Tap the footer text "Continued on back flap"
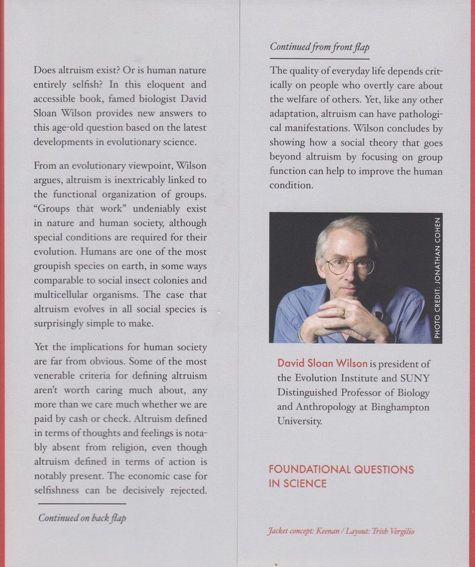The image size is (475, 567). point(82,518)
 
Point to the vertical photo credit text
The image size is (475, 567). point(438,277)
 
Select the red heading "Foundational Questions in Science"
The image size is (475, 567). point(341,476)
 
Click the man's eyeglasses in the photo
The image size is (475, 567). point(350,265)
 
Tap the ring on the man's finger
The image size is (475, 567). point(343,311)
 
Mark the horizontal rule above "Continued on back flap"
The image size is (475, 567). point(82,504)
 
